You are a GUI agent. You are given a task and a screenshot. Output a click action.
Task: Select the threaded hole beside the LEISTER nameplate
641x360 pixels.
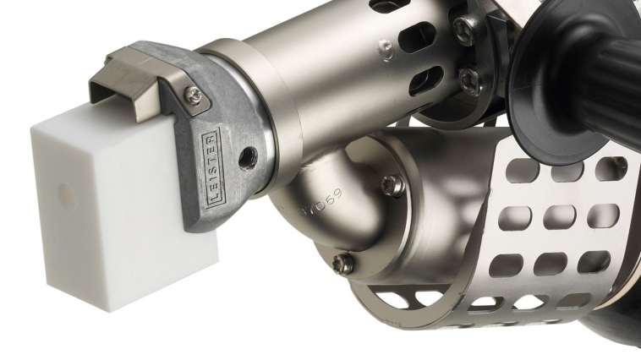pyautogui.click(x=248, y=155)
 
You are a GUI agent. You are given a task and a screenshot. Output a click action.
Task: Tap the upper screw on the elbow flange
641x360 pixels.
pyautogui.click(x=390, y=183)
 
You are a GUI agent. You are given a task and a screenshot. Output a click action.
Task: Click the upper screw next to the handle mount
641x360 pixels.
pyautogui.click(x=461, y=31)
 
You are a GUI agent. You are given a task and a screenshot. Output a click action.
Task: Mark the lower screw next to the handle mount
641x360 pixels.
pyautogui.click(x=468, y=81)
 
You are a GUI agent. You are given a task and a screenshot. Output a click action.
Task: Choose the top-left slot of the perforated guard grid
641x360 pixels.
pyautogui.click(x=523, y=172)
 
